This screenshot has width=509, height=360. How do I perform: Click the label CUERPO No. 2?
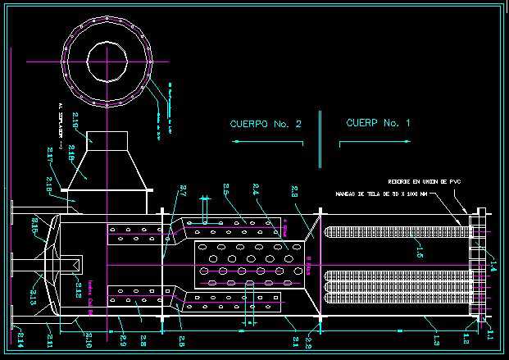click(x=266, y=124)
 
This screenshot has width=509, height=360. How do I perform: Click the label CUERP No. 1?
click(x=378, y=123)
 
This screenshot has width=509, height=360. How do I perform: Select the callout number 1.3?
click(x=436, y=339)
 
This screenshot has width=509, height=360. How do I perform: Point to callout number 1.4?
click(x=492, y=263)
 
